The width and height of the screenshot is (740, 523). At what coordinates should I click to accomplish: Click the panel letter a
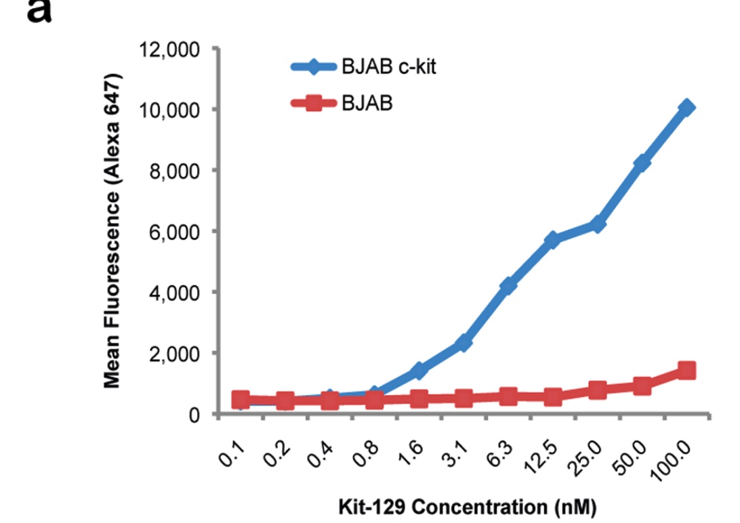click(39, 10)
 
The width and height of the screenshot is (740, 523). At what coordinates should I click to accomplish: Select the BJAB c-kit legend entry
click(363, 66)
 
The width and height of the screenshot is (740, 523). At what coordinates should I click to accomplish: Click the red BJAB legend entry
click(342, 103)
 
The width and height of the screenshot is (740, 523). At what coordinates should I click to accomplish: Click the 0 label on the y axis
click(194, 415)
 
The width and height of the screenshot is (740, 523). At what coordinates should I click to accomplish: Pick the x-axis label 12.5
click(542, 457)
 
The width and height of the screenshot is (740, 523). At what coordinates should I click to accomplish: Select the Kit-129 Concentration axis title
click(467, 507)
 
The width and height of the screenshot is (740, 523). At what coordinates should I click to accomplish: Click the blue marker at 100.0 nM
click(686, 108)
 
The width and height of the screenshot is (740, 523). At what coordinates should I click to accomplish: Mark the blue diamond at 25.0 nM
click(598, 224)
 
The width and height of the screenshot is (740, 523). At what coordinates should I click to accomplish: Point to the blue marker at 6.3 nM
click(508, 285)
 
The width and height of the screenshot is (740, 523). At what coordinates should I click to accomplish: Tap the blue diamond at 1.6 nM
click(419, 371)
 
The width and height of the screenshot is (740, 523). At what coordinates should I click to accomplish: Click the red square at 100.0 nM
click(686, 371)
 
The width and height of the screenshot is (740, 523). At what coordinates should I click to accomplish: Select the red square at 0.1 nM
click(241, 400)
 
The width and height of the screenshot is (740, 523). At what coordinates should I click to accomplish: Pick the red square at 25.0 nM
click(598, 390)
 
